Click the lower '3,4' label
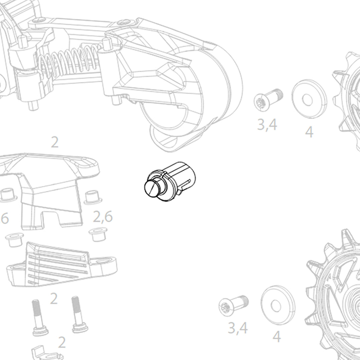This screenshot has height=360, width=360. (238, 328)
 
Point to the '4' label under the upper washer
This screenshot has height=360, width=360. (309, 132)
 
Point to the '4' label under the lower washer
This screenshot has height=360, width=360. (277, 337)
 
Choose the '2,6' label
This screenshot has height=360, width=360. (103, 217)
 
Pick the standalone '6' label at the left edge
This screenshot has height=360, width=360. (4, 219)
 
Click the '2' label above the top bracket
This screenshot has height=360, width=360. (55, 143)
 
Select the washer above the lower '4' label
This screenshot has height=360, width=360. (278, 305)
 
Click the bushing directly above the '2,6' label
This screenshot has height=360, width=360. (93, 197)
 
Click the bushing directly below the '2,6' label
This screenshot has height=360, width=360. (98, 234)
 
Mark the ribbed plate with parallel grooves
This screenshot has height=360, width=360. (60, 265)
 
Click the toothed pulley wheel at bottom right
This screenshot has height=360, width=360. (337, 293)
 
